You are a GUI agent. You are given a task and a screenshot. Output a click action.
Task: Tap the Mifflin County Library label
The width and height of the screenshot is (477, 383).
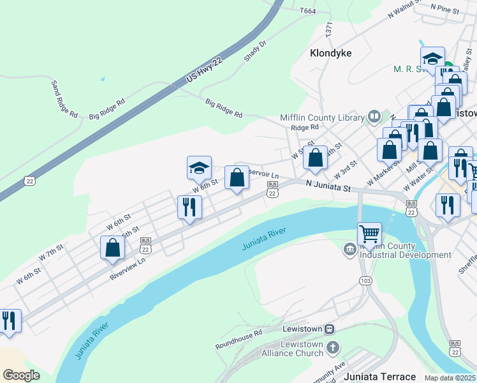(x=321, y=117)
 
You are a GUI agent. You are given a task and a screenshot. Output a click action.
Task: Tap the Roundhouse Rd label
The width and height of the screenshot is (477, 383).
(x=238, y=339)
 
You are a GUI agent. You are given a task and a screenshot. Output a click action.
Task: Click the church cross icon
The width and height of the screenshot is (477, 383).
(x=332, y=348)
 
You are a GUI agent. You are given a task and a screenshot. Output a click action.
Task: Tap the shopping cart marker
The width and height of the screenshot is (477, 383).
(x=369, y=234)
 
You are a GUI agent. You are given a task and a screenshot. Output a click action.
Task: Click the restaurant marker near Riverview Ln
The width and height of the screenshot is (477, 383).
(x=189, y=207)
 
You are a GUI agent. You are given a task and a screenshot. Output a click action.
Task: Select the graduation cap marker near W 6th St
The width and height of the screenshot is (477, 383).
(x=199, y=168)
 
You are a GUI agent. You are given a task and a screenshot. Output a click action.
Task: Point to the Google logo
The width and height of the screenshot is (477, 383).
(x=21, y=375)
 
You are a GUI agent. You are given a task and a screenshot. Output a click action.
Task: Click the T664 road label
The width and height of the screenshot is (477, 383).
(x=307, y=10)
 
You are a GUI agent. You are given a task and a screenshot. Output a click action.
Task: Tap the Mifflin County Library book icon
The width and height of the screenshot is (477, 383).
(x=374, y=117)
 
